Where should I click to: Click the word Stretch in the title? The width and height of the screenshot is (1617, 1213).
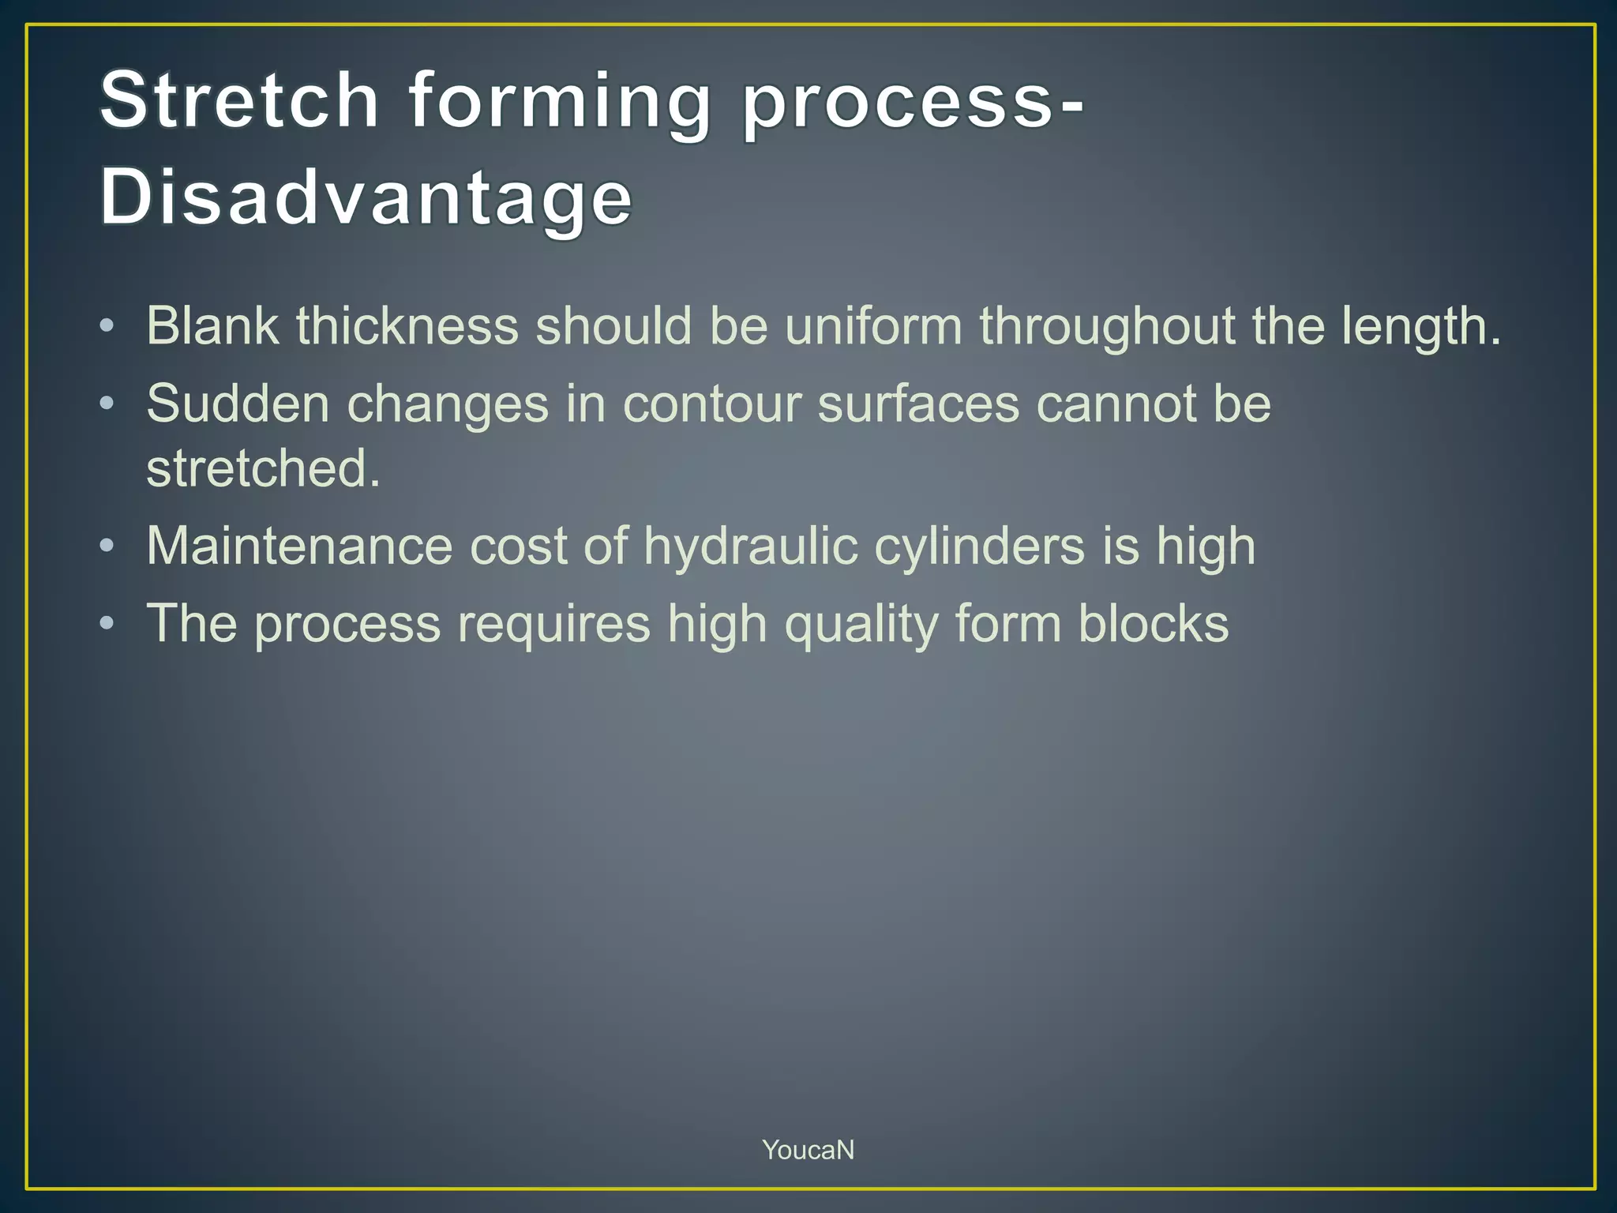(x=239, y=100)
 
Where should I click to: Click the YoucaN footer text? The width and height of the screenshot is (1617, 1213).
(x=808, y=1150)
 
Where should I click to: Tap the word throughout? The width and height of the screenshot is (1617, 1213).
(x=1107, y=327)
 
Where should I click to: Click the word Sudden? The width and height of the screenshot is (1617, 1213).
(x=238, y=404)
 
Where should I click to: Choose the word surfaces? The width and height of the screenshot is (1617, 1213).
(x=918, y=404)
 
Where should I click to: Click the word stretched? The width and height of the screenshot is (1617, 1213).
(x=263, y=468)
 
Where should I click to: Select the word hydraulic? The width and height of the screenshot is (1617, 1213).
(x=750, y=547)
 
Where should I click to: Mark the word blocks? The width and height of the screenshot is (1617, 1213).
(x=1154, y=624)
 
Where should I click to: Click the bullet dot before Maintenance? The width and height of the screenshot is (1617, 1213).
(x=107, y=546)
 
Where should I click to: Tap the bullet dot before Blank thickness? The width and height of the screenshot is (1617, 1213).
(x=107, y=325)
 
